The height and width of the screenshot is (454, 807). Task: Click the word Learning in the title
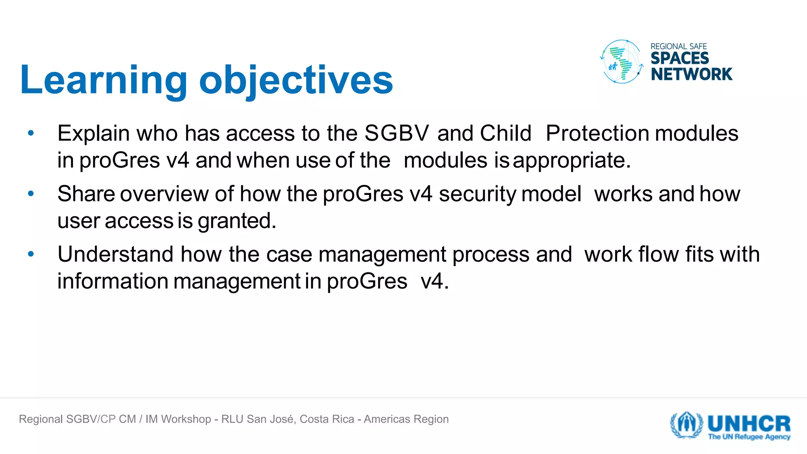click(103, 80)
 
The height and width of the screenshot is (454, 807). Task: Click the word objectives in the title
click(296, 80)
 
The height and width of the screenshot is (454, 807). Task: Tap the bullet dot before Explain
click(31, 133)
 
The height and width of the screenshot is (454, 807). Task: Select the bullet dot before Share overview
click(31, 194)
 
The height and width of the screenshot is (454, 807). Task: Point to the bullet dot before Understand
click(31, 254)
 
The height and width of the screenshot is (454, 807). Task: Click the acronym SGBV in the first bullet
click(396, 133)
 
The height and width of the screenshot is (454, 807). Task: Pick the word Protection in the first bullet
click(597, 133)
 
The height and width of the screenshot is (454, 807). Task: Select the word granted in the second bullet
click(236, 221)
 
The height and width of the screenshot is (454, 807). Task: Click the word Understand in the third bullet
click(115, 254)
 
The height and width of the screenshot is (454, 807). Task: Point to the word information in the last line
click(113, 281)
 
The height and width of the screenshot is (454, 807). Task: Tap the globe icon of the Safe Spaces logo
click(621, 61)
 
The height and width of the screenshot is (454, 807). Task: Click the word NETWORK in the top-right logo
click(691, 74)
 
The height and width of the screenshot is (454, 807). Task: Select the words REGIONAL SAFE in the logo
click(678, 46)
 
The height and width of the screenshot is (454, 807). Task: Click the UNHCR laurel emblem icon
click(686, 425)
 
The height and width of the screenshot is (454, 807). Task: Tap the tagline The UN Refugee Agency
click(749, 437)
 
